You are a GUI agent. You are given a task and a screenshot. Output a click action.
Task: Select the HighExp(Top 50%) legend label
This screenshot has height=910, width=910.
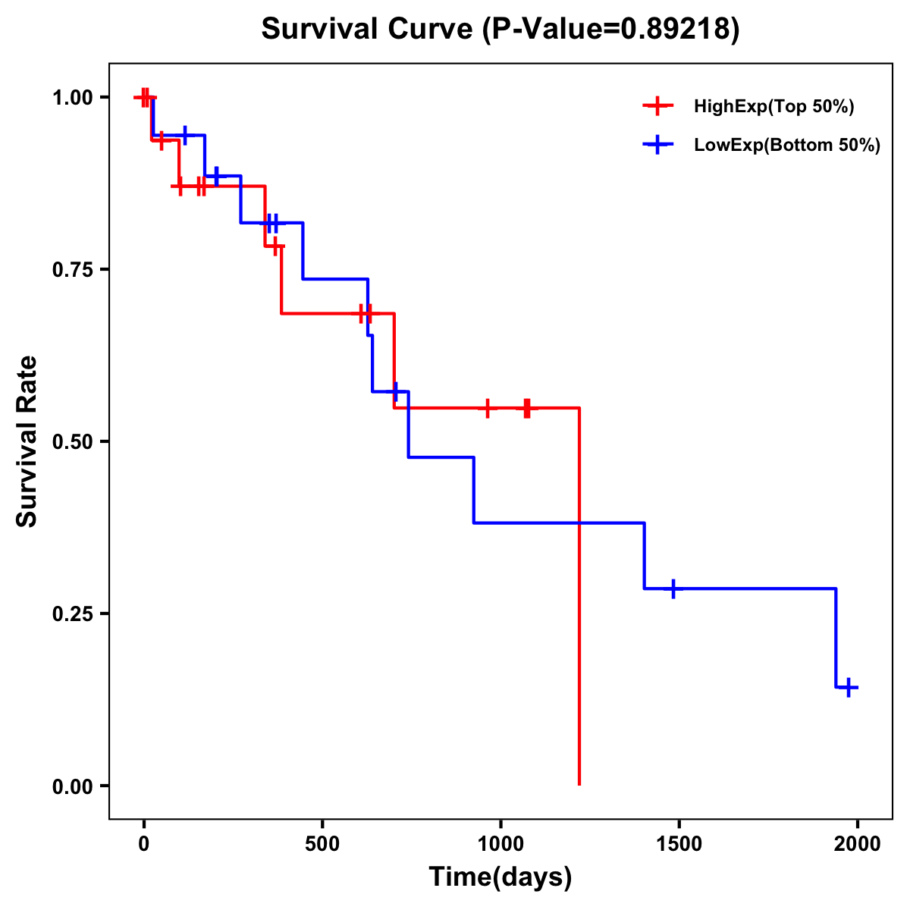click(x=773, y=107)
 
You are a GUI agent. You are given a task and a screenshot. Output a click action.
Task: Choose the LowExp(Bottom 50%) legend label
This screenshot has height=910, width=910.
click(x=787, y=146)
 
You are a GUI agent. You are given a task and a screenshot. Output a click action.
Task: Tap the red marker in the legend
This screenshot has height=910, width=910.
click(x=657, y=106)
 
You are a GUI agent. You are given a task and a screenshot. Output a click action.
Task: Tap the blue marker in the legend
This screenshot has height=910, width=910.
click(x=657, y=145)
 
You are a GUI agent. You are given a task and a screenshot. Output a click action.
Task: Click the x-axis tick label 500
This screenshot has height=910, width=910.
click(x=322, y=844)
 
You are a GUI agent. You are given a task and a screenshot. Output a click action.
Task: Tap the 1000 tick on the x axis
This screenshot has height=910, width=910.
click(x=500, y=844)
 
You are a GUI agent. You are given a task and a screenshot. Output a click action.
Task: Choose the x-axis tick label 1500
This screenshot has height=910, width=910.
click(x=679, y=844)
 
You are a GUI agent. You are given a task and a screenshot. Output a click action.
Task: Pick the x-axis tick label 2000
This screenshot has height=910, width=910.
click(x=858, y=844)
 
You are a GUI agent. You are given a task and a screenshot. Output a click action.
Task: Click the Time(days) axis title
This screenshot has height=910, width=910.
click(x=500, y=877)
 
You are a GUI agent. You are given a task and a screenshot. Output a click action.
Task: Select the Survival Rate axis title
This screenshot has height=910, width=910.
click(x=28, y=441)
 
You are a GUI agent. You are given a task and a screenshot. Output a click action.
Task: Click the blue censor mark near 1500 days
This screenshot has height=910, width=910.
click(x=673, y=588)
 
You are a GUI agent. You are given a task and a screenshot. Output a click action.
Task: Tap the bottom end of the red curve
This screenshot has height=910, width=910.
click(x=579, y=784)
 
